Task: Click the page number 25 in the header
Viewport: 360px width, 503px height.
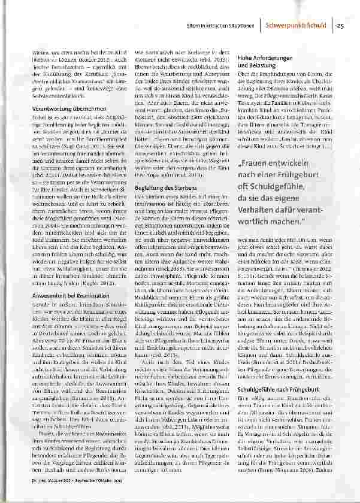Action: [340, 26]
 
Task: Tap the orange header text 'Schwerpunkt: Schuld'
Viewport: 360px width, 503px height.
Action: [299, 26]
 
